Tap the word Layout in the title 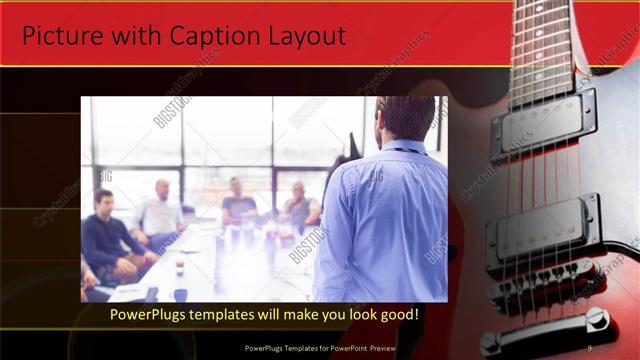[x=304, y=36]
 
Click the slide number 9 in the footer [x=588, y=347]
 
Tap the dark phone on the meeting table [x=180, y=294]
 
